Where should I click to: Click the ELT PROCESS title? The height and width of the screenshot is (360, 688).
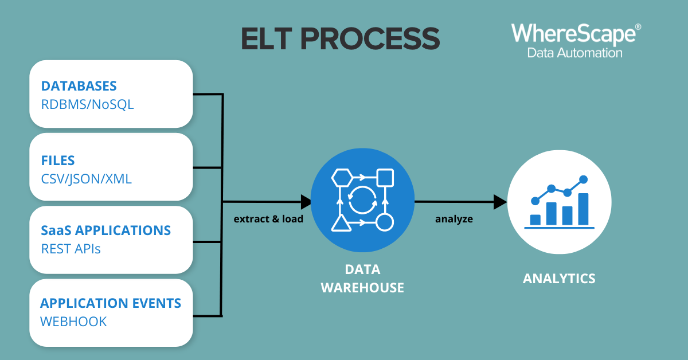341,38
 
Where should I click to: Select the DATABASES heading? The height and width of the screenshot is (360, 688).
79,86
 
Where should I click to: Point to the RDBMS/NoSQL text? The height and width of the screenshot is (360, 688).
88,105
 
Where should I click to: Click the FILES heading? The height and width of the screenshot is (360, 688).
58,161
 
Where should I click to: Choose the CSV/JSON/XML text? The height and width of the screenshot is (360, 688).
87,179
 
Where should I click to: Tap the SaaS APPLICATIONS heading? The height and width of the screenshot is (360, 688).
105,230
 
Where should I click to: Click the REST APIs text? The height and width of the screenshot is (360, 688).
71,249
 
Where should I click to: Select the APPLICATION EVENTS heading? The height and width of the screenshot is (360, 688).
111,303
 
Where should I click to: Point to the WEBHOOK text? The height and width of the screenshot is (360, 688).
73,322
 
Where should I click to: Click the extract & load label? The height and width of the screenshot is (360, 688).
268,219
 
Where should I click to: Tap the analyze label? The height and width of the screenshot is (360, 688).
454,220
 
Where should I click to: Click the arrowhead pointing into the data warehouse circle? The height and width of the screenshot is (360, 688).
306,202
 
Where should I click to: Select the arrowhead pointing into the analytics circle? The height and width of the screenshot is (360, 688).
501,202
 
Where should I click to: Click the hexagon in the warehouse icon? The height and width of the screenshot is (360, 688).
342,178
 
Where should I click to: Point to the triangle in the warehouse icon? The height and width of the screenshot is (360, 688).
341,224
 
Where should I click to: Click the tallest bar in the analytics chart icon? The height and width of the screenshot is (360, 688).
583,209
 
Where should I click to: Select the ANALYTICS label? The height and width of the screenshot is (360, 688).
559,279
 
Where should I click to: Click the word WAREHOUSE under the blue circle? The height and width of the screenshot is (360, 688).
362,288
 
